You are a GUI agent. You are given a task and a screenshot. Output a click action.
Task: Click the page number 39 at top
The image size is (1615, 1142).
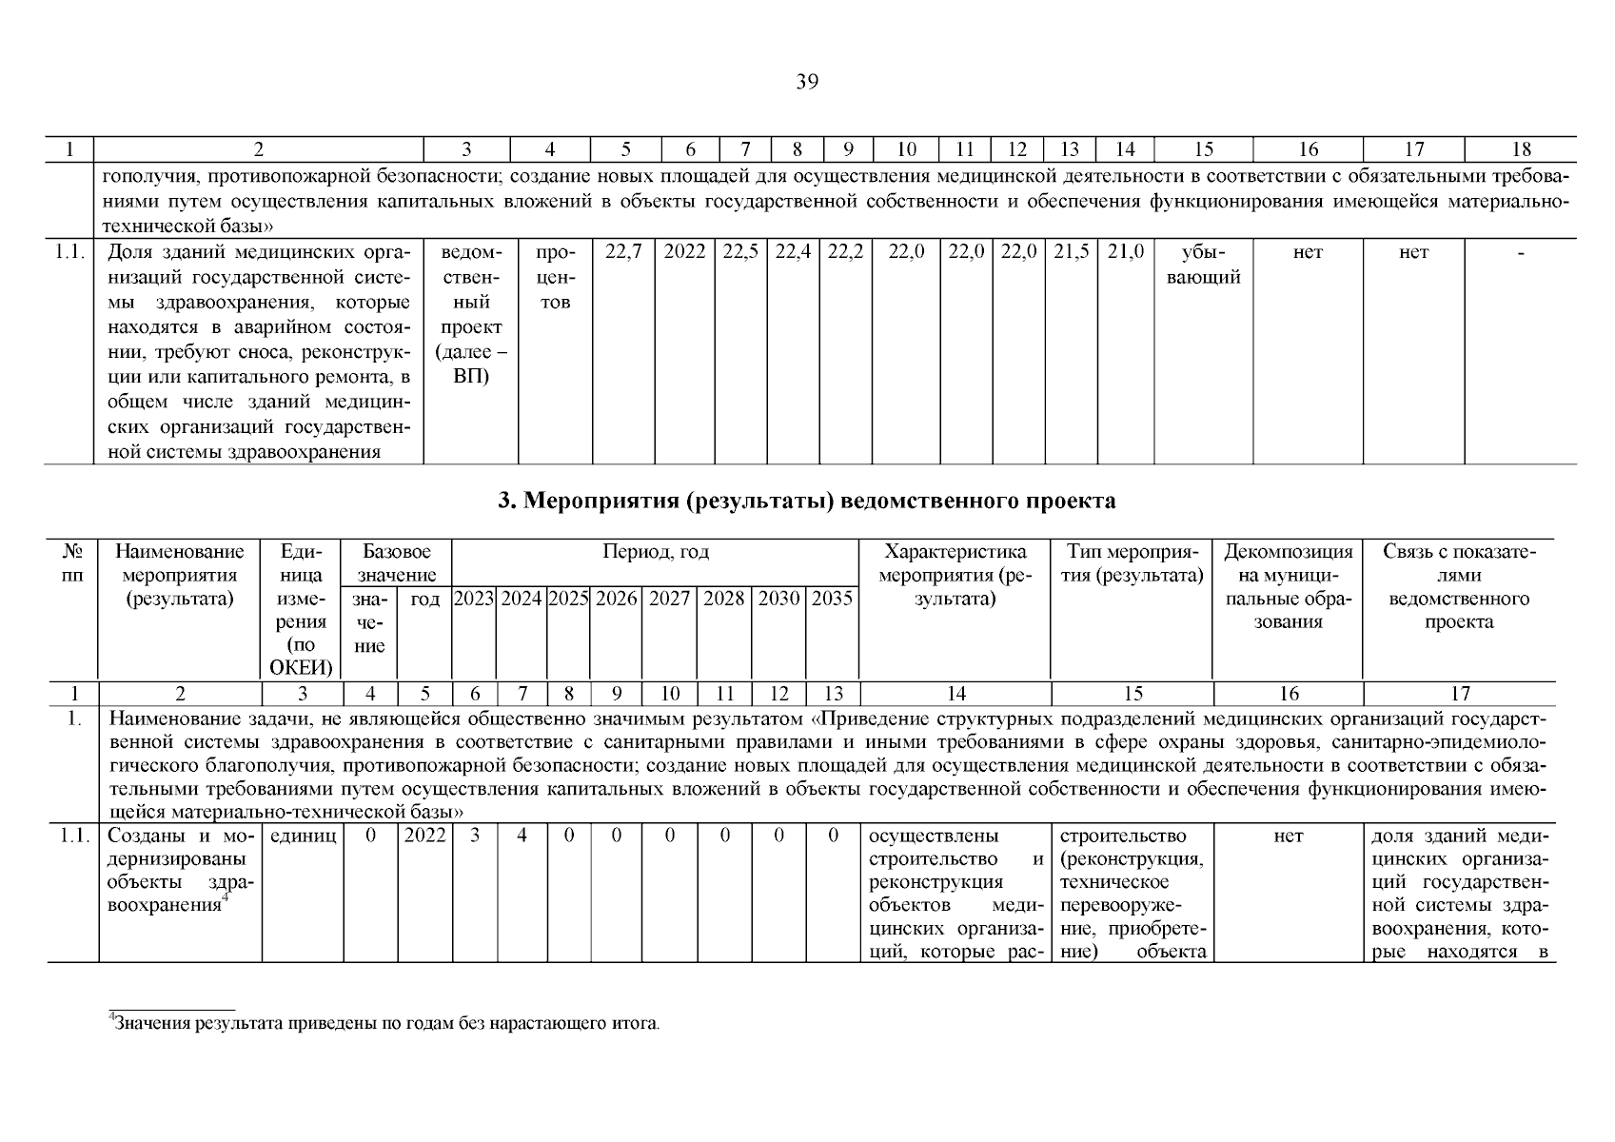tap(806, 82)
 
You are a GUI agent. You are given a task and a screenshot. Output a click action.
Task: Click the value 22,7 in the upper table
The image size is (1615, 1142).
tap(623, 253)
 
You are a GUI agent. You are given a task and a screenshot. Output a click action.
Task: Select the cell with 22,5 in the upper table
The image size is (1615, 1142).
tap(740, 253)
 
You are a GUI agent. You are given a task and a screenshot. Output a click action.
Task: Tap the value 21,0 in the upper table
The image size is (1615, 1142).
tap(1125, 253)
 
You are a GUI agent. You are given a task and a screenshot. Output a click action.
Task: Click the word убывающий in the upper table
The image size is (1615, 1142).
tap(1203, 266)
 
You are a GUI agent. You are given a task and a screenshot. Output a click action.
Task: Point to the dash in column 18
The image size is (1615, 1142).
tap(1520, 253)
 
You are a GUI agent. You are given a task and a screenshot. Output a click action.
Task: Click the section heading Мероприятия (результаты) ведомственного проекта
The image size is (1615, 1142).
tap(807, 501)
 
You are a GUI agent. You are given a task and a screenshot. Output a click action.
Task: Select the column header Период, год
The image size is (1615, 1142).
tap(655, 552)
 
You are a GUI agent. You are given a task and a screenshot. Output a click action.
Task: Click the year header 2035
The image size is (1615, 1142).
tap(831, 599)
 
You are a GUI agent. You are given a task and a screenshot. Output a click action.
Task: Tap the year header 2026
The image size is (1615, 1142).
tap(616, 599)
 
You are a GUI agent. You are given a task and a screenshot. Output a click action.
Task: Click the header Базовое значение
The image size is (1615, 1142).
tap(397, 563)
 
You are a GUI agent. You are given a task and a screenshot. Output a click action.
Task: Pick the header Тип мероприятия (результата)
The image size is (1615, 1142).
tap(1132, 563)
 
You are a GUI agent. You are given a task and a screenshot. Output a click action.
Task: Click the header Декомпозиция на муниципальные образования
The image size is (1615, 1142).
tap(1287, 586)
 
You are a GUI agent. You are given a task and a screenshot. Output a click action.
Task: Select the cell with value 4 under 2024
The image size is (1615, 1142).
tap(521, 836)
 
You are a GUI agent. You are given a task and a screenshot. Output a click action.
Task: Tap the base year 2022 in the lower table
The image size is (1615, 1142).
tap(423, 836)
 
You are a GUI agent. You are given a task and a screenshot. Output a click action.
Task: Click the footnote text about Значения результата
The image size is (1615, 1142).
tap(384, 1024)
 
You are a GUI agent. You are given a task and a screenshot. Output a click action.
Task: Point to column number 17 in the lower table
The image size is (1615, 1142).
tap(1459, 694)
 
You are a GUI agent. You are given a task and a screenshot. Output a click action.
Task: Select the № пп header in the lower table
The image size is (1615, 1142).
tap(72, 563)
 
